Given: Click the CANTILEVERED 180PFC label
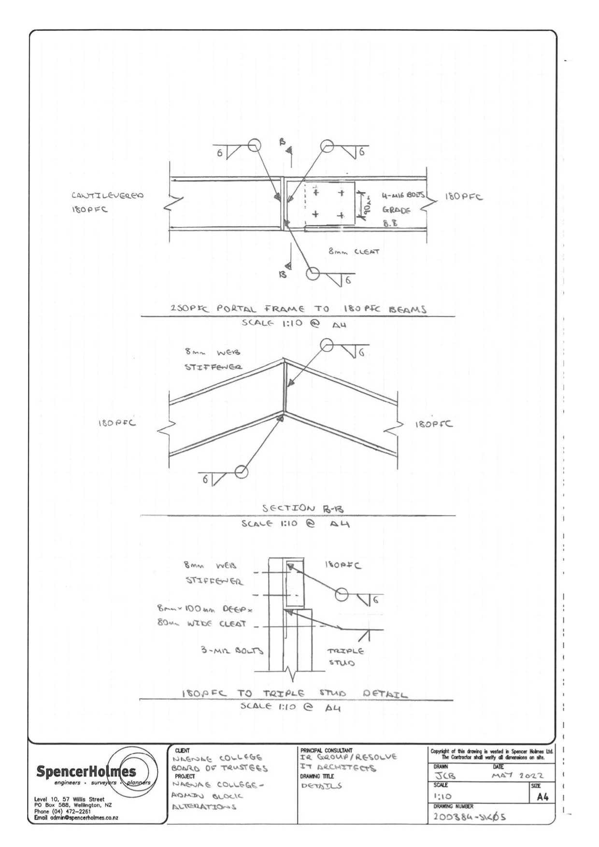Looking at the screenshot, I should (x=107, y=202).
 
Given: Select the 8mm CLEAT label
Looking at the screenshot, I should (x=354, y=252).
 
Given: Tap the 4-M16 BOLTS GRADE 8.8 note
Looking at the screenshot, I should (x=403, y=210).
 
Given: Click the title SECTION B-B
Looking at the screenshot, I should (x=296, y=508).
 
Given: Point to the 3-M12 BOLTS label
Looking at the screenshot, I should (x=232, y=650).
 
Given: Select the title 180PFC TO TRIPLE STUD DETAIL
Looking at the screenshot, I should (x=294, y=694).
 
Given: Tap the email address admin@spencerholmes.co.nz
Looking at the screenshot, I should (x=76, y=818).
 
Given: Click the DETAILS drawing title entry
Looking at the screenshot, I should (x=321, y=786).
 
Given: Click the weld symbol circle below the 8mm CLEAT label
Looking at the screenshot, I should (x=313, y=273).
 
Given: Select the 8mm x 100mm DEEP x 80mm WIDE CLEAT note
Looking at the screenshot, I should (x=205, y=616).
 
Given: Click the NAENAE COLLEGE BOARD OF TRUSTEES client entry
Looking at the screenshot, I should (x=219, y=763).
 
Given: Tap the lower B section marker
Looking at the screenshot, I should (x=284, y=274).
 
